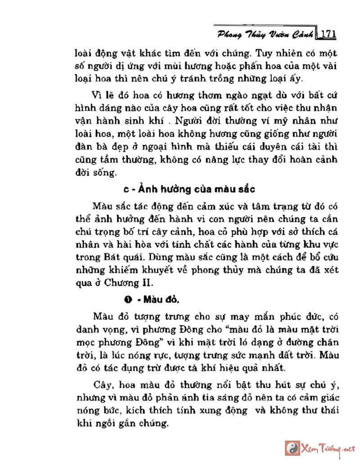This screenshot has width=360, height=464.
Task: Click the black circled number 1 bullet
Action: tap(128, 299)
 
